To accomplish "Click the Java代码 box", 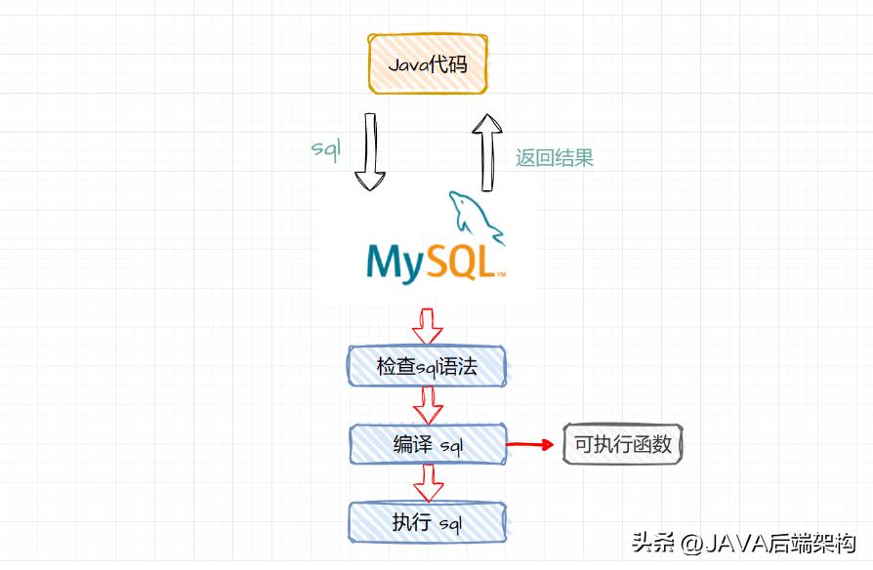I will [x=427, y=65].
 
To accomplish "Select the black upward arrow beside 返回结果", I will [x=485, y=151].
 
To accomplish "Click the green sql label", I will [x=325, y=148].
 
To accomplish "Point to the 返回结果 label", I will [x=554, y=157].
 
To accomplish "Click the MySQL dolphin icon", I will [x=477, y=218].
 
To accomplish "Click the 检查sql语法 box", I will [x=428, y=366].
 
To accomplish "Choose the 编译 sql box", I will [x=428, y=445].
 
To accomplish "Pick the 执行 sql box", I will [x=428, y=522].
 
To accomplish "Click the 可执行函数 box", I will [x=622, y=445].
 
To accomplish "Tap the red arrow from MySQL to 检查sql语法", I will [x=428, y=325].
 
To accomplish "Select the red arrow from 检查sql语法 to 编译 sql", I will [x=428, y=404].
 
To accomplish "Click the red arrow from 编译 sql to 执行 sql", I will [x=428, y=482].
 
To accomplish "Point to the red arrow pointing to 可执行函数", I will [x=532, y=445].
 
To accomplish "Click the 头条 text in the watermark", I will [x=649, y=544].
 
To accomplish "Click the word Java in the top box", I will [x=408, y=65].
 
